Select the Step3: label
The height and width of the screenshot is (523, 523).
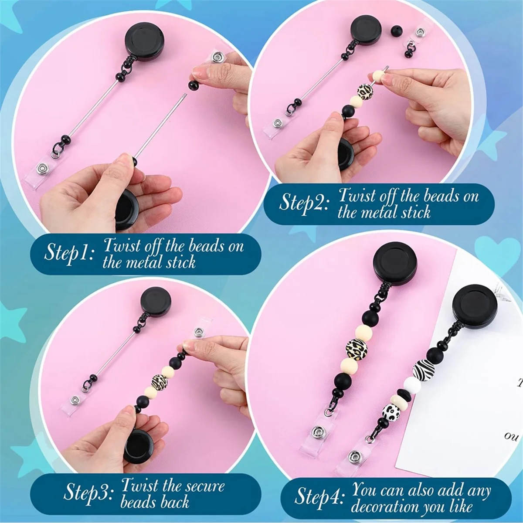[88, 493]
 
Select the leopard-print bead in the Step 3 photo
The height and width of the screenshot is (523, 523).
[160, 382]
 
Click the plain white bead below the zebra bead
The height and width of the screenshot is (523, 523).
[412, 386]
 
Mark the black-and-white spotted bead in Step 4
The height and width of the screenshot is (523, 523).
[391, 411]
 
